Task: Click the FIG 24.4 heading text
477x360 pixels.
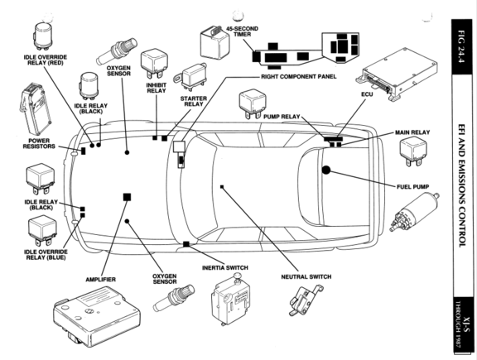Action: tap(461, 46)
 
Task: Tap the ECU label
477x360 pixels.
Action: tap(367, 94)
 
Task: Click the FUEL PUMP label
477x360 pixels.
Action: tap(412, 187)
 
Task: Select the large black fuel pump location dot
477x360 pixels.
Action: tap(326, 170)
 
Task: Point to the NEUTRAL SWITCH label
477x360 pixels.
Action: tap(306, 276)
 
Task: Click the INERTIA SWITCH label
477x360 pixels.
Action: tap(225, 268)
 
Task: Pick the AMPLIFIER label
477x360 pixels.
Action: tap(101, 280)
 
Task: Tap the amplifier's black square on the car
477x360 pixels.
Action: tap(128, 197)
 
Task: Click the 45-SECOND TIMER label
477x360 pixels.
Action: tap(242, 31)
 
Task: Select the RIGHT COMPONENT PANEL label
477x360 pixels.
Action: tap(299, 77)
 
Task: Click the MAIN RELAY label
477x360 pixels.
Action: tap(412, 132)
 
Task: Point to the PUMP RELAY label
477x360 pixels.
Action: tap(282, 117)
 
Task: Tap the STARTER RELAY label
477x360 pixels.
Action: tap(194, 101)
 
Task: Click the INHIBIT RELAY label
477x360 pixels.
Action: tap(157, 88)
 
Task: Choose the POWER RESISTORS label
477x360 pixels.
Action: tap(39, 143)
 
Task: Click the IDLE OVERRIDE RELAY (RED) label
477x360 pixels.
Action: tap(46, 60)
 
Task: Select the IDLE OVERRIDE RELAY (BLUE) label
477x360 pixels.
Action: tap(46, 255)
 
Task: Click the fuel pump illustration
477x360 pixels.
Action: tap(415, 213)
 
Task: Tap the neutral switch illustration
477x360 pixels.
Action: tap(306, 300)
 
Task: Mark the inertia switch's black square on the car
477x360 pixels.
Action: tap(186, 244)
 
